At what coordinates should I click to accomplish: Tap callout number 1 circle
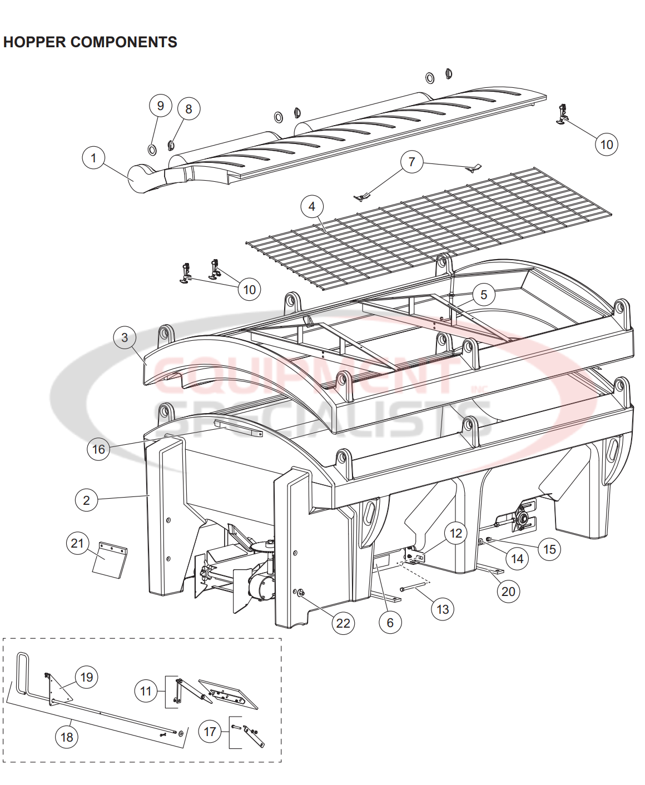pyautogui.click(x=93, y=158)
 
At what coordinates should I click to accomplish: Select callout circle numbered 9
pyautogui.click(x=160, y=106)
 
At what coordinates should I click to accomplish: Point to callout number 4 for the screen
pyautogui.click(x=311, y=206)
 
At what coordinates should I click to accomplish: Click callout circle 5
pyautogui.click(x=484, y=295)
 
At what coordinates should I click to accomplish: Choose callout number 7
pyautogui.click(x=411, y=162)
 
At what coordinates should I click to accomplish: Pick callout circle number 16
pyautogui.click(x=98, y=449)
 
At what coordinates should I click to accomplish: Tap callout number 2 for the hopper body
pyautogui.click(x=86, y=500)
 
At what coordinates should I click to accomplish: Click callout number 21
pyautogui.click(x=77, y=543)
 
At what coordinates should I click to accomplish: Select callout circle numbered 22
pyautogui.click(x=343, y=623)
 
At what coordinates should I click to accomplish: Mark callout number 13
pyautogui.click(x=443, y=609)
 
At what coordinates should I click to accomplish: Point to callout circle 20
pyautogui.click(x=508, y=592)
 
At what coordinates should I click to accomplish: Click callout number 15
pyautogui.click(x=549, y=549)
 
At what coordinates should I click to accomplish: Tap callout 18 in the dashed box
pyautogui.click(x=67, y=737)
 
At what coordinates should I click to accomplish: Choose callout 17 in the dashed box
pyautogui.click(x=210, y=732)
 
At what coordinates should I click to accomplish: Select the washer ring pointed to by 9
pyautogui.click(x=152, y=149)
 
